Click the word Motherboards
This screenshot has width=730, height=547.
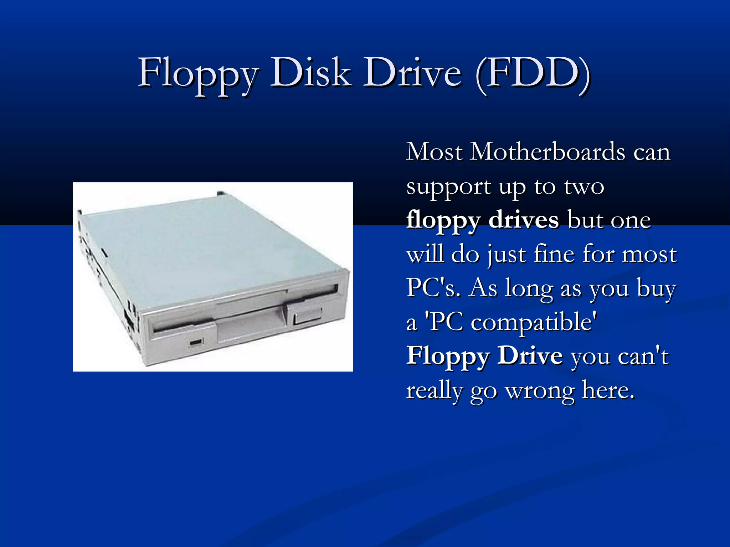[548, 152]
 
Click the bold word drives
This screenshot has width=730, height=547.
[523, 220]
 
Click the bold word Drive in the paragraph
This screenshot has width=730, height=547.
[530, 356]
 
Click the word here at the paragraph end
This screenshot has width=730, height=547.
[607, 390]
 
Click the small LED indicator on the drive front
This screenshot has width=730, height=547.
[196, 342]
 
